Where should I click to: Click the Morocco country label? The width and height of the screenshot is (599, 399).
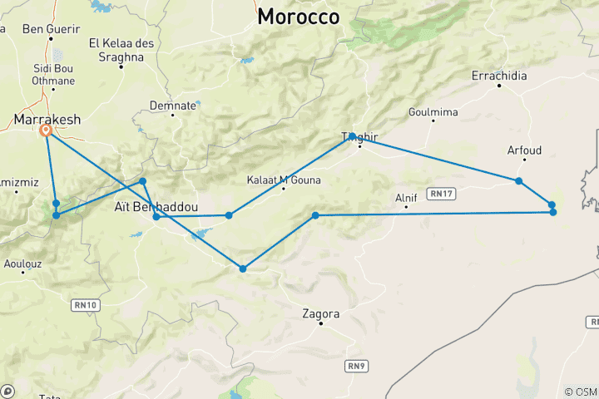coord(299,17)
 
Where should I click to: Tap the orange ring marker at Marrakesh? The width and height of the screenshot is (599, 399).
coord(46,131)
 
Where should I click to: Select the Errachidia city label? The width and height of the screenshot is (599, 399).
coord(499,76)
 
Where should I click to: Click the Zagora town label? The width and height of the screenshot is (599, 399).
coord(321,314)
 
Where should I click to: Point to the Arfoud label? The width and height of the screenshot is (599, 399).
coord(524,150)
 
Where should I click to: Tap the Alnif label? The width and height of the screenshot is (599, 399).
coord(406,198)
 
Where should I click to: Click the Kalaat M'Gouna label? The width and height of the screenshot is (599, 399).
coord(284,180)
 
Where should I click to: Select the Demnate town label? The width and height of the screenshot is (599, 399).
coord(173,106)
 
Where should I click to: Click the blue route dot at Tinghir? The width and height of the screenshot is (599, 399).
coord(353,135)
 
